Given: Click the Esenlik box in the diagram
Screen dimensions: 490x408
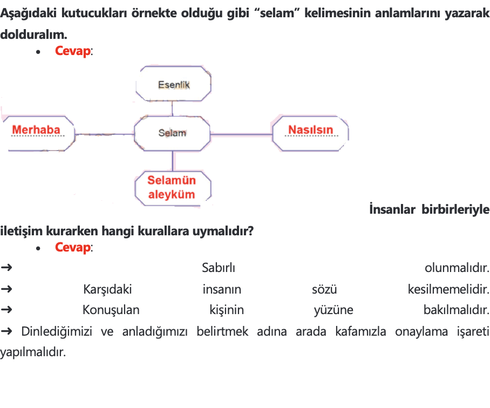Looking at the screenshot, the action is click(x=173, y=84).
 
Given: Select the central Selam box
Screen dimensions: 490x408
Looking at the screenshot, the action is click(x=172, y=133).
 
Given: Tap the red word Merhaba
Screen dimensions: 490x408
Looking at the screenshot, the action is click(x=36, y=130).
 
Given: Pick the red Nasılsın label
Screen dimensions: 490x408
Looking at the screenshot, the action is click(x=311, y=130).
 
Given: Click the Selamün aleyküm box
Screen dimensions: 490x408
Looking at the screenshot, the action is click(x=173, y=188).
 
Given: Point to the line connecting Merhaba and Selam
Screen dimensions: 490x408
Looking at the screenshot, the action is click(x=104, y=134).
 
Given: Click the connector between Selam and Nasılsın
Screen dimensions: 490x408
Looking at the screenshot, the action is click(x=241, y=134).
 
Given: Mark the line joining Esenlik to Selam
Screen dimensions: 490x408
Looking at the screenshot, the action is click(x=172, y=108).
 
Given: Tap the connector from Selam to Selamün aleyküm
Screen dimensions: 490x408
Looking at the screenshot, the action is click(x=173, y=161).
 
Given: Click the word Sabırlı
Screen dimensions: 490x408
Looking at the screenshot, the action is click(x=219, y=268).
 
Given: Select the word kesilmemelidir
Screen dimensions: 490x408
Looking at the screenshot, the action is click(x=448, y=289).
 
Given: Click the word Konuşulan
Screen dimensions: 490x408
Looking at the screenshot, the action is click(x=111, y=310).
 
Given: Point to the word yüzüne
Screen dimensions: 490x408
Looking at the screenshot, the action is click(x=334, y=310).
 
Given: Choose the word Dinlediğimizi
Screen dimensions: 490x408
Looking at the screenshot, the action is click(x=57, y=331).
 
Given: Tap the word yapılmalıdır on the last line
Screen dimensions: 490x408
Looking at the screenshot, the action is click(x=33, y=352).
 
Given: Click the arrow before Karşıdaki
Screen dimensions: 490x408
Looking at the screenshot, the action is click(x=6, y=289).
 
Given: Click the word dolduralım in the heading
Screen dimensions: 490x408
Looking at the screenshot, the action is click(x=34, y=35).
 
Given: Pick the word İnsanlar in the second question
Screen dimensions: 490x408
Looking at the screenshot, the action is click(x=392, y=209).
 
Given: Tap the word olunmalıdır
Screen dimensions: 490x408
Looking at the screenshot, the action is click(x=457, y=268).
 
